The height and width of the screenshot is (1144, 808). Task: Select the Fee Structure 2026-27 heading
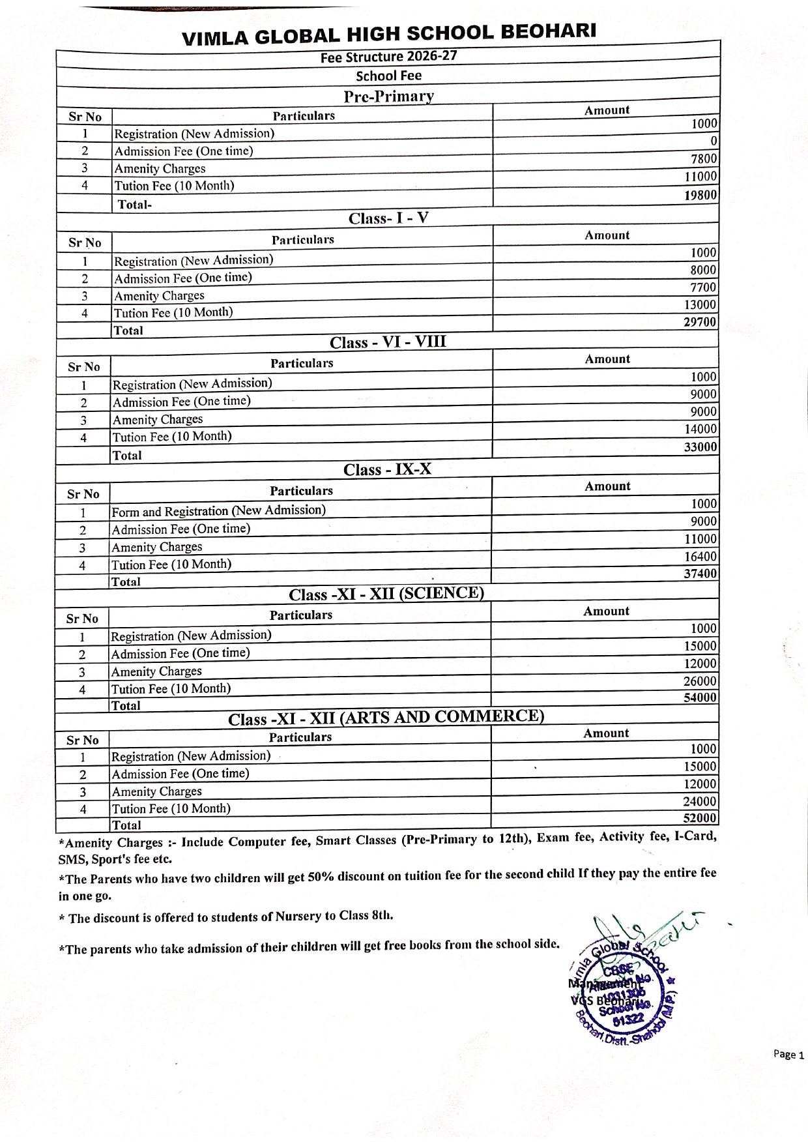[x=388, y=57]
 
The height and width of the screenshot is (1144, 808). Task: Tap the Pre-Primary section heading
[x=389, y=96]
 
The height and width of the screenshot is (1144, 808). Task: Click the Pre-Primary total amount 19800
[x=700, y=195]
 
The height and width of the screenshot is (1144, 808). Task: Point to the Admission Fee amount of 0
[x=714, y=141]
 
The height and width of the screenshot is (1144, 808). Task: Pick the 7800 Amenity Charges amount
[x=704, y=158]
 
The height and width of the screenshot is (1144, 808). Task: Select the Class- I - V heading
[x=388, y=218]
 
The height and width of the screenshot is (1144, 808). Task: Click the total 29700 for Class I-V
[x=700, y=322]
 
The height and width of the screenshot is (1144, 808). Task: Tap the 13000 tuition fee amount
[x=700, y=304]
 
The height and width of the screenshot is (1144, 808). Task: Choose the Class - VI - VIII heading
[x=388, y=342]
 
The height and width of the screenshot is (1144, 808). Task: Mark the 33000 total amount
[x=700, y=447]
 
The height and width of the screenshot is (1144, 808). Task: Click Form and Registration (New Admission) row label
[x=218, y=510]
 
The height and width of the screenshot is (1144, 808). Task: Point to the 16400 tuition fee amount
[x=700, y=557]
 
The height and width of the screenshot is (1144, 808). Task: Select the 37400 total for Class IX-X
[x=700, y=574]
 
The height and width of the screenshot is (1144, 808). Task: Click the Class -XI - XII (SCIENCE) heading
[x=386, y=594]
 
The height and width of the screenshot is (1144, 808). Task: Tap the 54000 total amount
[x=700, y=697]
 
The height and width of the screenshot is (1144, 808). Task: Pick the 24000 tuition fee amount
[x=700, y=801]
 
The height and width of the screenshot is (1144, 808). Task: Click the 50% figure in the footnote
[x=321, y=877]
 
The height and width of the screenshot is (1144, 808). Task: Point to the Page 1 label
[x=788, y=1054]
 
